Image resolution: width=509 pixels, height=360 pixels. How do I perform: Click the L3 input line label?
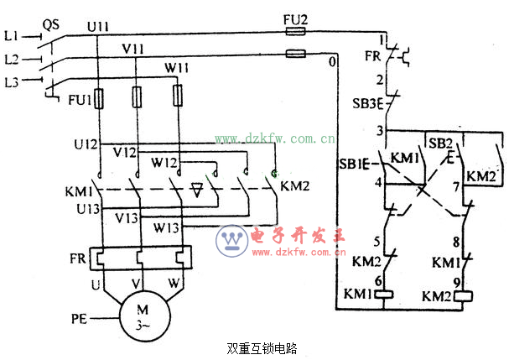point(11,81)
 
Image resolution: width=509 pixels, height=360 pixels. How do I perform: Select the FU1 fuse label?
point(81,101)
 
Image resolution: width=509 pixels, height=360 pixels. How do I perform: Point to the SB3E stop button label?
point(366,103)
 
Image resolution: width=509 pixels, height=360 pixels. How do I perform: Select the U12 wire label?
point(85,143)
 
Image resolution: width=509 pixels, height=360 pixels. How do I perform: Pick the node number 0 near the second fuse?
point(333,62)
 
